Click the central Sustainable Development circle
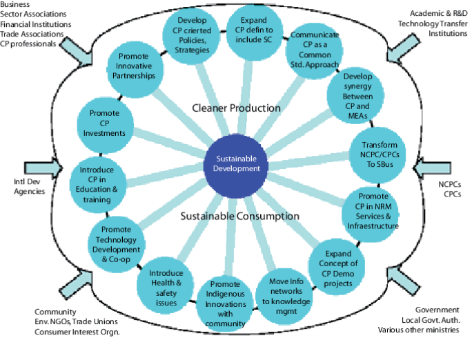[x=236, y=163]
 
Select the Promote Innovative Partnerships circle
[x=137, y=66]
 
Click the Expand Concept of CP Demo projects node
[x=338, y=262]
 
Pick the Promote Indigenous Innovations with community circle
[x=224, y=303]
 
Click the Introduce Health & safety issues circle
[x=166, y=283]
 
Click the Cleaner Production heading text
[x=236, y=108]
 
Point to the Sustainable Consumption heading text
[x=239, y=216]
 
